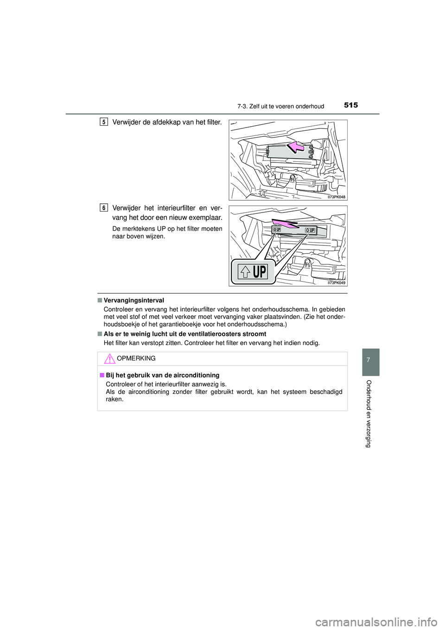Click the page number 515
[x=351, y=105]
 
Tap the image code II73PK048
[x=336, y=197]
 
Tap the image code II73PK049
[x=336, y=283]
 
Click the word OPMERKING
[x=136, y=359]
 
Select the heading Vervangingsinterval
[x=134, y=301]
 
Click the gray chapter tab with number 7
[x=370, y=362]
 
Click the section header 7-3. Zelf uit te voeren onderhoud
[x=280, y=106]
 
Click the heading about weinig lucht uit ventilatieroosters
[x=185, y=334]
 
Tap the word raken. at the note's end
[x=114, y=399]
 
